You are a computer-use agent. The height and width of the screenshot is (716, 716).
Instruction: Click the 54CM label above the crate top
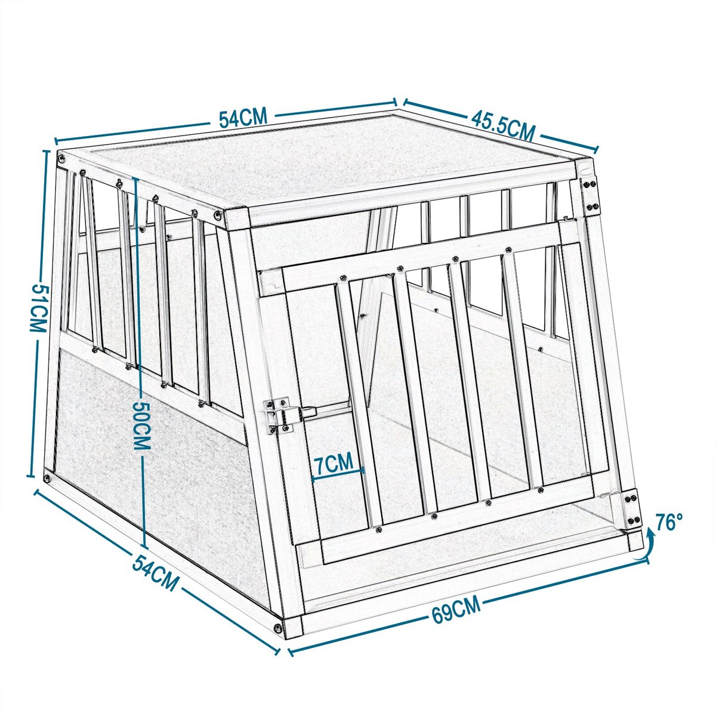coord(242,118)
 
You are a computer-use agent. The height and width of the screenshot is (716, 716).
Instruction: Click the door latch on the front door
coord(282,413)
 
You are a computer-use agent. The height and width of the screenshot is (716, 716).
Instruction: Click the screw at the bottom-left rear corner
coord(47,478)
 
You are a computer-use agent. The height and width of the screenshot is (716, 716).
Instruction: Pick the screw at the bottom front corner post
coord(278,627)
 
